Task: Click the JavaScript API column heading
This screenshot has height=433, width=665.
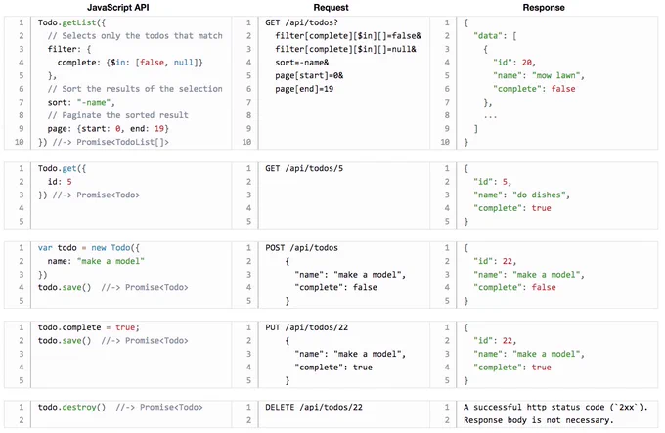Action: coord(118,7)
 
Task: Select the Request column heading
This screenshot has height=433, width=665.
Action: coord(331,7)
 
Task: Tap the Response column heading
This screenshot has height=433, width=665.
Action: coord(544,7)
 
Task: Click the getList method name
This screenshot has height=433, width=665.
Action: coord(79,22)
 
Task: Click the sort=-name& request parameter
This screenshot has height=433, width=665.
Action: coord(301,63)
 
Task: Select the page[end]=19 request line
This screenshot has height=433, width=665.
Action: coord(304,89)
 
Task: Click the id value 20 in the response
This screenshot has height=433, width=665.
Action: coord(526,63)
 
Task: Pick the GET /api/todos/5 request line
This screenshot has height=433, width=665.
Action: coord(304,168)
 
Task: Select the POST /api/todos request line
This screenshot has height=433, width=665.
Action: coord(301,248)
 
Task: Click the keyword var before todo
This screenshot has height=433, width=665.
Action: coord(45,248)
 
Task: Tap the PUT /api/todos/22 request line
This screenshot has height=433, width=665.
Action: coord(307,327)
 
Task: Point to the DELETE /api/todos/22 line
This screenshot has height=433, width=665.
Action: coord(314,408)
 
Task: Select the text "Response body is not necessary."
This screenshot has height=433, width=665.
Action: coord(539,420)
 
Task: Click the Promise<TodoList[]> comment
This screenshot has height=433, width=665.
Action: coord(122,142)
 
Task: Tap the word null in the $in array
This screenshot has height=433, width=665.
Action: coord(183,63)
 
